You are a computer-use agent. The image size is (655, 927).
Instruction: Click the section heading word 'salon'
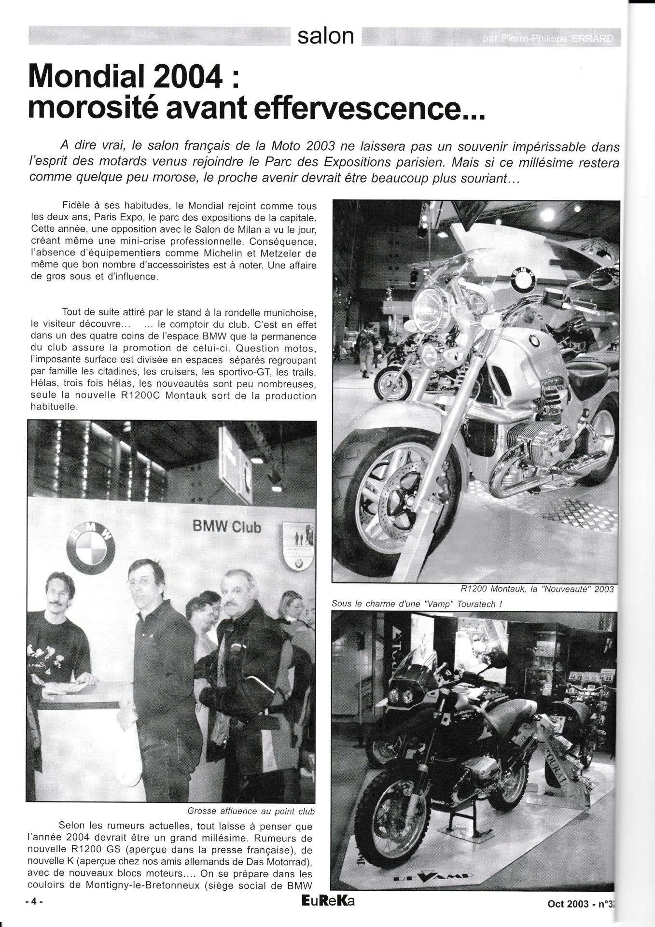(326, 36)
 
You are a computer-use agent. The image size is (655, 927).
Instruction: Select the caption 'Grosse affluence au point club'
(251, 811)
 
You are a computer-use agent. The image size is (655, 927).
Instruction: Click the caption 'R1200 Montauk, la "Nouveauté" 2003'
(537, 589)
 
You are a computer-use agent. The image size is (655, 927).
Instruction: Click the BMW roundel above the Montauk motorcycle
(523, 278)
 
